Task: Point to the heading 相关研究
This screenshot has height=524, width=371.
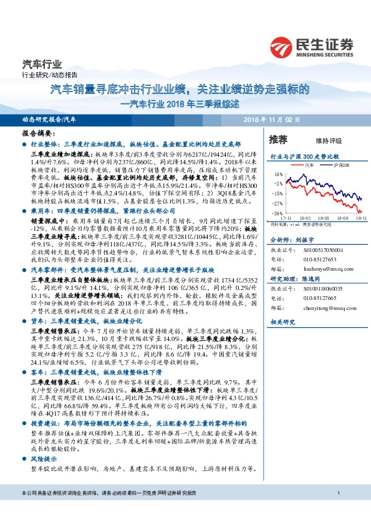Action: (281, 322)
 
